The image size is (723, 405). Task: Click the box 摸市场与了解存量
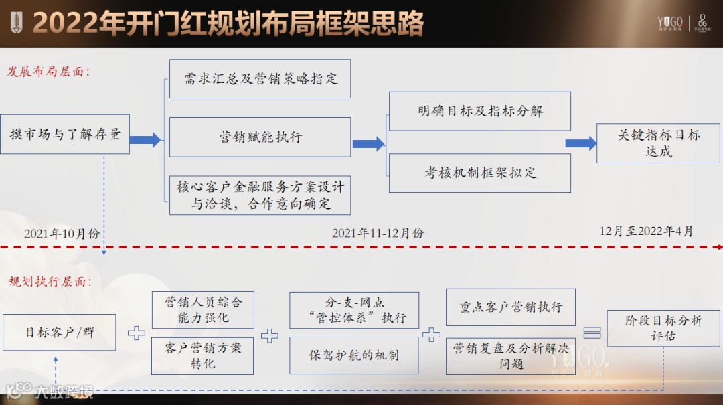(65, 135)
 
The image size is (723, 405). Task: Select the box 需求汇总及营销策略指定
(260, 79)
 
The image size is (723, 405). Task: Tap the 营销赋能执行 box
(260, 137)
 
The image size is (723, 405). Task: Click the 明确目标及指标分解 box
(479, 111)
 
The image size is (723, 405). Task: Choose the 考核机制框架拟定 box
(479, 173)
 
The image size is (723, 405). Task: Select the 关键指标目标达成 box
(658, 143)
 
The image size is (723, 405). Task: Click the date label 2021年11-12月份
(378, 233)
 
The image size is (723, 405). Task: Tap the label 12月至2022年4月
(646, 231)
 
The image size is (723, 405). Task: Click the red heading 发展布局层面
(49, 72)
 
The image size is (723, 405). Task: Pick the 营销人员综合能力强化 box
(203, 310)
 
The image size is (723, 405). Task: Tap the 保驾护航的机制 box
(353, 355)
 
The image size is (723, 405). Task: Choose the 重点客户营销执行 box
(510, 307)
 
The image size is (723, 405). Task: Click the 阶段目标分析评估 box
(663, 328)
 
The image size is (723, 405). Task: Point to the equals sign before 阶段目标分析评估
(592, 333)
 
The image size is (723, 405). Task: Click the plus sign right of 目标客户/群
(137, 333)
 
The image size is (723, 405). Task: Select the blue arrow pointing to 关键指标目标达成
(580, 143)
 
